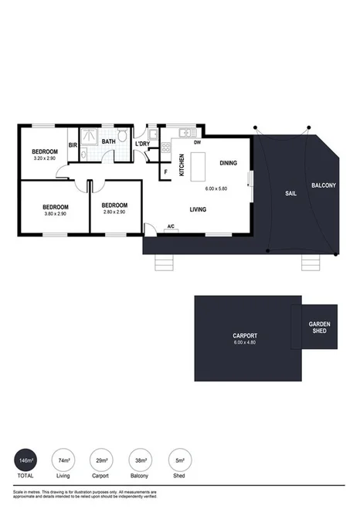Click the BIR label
[73, 144]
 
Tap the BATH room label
[108, 141]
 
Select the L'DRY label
[142, 144]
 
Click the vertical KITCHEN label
[182, 165]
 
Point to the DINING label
[229, 163]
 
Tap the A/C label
[171, 226]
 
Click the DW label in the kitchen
[198, 142]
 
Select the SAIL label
[290, 193]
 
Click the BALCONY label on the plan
[324, 185]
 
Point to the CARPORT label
[245, 335]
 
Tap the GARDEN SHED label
[319, 327]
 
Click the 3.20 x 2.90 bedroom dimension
[44, 158]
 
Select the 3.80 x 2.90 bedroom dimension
[56, 214]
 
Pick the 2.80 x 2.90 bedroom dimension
[114, 214]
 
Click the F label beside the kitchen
[165, 171]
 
